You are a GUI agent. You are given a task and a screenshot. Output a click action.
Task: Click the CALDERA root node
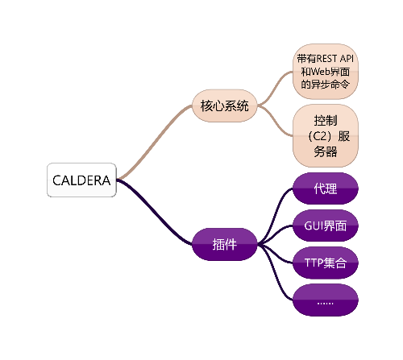(81, 180)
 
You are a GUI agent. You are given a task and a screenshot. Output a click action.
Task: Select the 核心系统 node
(225, 106)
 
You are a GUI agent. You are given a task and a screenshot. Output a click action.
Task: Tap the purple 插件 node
(225, 244)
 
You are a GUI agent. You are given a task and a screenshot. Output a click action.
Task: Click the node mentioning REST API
(326, 72)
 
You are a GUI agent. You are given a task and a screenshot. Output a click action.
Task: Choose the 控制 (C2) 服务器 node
(326, 136)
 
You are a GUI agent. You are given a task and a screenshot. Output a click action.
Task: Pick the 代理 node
(326, 188)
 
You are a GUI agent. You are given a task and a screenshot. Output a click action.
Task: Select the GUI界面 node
(326, 226)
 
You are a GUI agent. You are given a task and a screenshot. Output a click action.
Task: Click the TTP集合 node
(326, 263)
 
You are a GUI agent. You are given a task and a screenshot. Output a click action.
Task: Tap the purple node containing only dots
(326, 300)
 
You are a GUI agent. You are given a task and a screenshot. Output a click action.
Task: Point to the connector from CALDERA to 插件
(156, 212)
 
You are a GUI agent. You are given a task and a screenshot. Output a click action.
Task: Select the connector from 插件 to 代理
(275, 217)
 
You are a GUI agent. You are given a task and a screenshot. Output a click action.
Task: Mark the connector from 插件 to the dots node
(275, 271)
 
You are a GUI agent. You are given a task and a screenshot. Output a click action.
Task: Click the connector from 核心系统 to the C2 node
(276, 121)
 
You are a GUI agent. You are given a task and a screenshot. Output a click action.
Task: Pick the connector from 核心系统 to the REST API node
(276, 88)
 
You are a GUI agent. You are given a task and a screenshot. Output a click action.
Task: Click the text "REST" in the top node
(327, 59)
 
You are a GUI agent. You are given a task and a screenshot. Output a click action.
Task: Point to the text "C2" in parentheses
(320, 136)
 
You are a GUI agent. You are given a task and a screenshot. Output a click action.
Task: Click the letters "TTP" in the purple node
(314, 263)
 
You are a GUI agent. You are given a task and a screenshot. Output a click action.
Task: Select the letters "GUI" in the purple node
(314, 226)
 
